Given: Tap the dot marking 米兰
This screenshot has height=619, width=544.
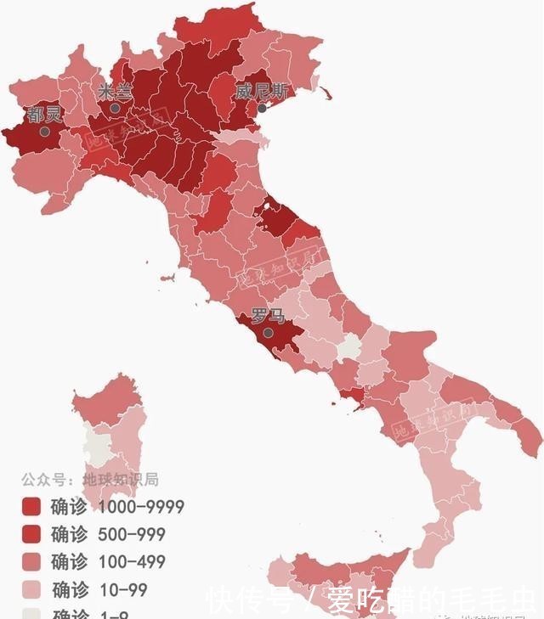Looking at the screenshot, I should [115, 109].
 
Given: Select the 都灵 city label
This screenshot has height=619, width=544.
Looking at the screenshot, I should [43, 115].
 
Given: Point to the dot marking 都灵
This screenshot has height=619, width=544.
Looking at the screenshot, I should [44, 132].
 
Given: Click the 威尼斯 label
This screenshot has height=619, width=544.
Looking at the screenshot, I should [261, 91].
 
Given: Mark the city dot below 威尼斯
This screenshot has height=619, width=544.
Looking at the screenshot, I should [262, 108].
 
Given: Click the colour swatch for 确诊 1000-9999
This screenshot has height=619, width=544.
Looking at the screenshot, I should [32, 507].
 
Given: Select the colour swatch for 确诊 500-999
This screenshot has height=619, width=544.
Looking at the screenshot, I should [32, 534].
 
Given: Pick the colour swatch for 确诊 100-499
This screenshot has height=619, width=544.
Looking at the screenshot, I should [32, 561].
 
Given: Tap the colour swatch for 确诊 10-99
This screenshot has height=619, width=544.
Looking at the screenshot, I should [32, 588].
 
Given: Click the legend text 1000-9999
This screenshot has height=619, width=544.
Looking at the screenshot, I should [141, 507].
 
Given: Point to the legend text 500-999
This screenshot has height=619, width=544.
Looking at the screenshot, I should [132, 534].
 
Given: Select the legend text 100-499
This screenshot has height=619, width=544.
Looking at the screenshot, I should [132, 561].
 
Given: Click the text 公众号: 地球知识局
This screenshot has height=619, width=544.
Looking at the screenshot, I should [90, 480].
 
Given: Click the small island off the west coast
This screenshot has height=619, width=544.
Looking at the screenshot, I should [169, 278].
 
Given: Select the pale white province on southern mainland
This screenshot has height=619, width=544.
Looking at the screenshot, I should [348, 348].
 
